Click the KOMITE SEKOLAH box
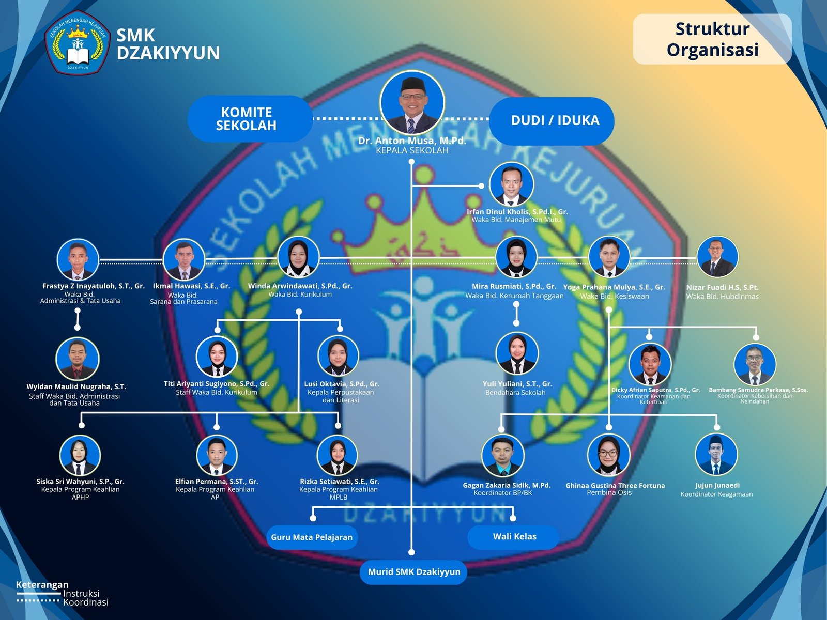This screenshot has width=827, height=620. (x=250, y=119)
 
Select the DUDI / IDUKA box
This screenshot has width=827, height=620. (x=552, y=121)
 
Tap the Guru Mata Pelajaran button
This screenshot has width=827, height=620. (x=312, y=537)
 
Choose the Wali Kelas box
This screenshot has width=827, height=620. (x=513, y=537)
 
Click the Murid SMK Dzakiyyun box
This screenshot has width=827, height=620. (x=413, y=572)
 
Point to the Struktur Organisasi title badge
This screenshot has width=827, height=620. (x=712, y=39)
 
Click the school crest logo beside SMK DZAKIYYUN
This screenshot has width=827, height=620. (x=78, y=42)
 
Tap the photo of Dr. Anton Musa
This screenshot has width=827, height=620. (x=412, y=103)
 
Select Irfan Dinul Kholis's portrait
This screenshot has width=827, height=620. (x=511, y=184)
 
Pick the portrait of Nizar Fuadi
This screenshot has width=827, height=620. (x=717, y=257)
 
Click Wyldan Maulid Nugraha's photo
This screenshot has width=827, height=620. (x=78, y=359)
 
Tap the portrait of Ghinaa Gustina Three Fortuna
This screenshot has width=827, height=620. (x=608, y=455)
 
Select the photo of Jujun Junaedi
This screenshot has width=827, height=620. (x=716, y=454)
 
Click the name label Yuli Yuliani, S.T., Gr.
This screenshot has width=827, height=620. (x=517, y=384)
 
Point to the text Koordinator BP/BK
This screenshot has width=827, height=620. (x=503, y=493)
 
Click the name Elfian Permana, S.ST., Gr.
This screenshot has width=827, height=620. (x=217, y=482)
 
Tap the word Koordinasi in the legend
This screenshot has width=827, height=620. (x=86, y=602)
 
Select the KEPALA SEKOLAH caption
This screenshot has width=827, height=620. (x=412, y=150)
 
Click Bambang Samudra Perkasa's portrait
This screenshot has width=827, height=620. (x=755, y=364)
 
